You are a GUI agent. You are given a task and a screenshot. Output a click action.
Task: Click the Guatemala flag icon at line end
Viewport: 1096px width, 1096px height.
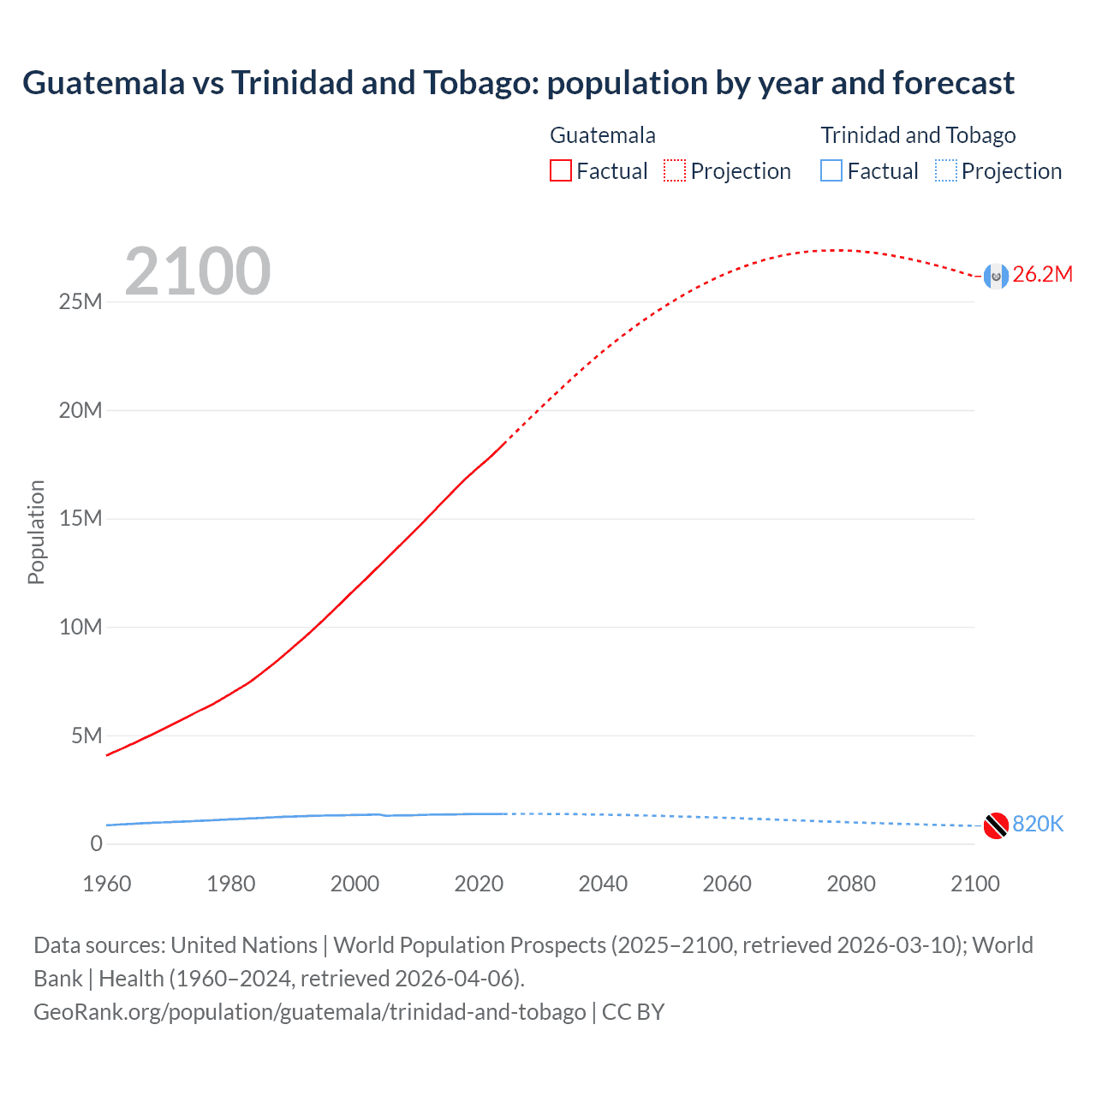click(x=995, y=276)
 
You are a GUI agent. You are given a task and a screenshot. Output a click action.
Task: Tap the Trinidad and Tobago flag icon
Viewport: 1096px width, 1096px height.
click(x=995, y=825)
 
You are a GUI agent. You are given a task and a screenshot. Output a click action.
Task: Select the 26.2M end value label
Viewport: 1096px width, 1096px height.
click(x=1042, y=275)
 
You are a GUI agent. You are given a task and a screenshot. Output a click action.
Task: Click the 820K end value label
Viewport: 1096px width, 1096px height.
click(x=1038, y=825)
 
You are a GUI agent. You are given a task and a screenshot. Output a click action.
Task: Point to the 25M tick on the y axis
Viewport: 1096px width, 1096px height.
click(x=80, y=302)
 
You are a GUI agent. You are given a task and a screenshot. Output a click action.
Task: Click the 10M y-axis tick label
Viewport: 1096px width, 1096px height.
click(x=80, y=628)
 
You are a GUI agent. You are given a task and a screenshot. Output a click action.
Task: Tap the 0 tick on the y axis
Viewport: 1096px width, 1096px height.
click(x=96, y=844)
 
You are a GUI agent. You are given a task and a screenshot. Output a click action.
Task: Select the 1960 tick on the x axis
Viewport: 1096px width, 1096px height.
click(x=107, y=885)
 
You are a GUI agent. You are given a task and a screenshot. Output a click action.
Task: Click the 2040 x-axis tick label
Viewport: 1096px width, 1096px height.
click(x=603, y=885)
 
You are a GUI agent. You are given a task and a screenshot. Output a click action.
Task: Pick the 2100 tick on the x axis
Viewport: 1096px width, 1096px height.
click(x=974, y=885)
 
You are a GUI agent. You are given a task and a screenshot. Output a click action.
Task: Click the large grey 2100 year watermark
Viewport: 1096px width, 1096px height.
click(x=198, y=272)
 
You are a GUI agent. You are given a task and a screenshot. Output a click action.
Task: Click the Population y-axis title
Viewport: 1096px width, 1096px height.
click(x=36, y=533)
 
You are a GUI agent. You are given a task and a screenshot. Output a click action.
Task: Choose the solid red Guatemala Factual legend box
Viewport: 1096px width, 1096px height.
click(x=560, y=171)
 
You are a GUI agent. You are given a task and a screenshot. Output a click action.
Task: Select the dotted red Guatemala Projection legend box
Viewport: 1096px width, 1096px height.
click(x=675, y=171)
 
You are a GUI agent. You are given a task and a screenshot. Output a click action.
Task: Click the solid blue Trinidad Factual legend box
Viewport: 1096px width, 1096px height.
click(x=831, y=171)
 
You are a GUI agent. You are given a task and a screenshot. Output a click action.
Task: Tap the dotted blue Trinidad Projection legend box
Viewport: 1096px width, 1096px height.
click(x=946, y=171)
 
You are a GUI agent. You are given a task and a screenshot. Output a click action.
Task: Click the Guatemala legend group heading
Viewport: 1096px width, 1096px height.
click(x=603, y=135)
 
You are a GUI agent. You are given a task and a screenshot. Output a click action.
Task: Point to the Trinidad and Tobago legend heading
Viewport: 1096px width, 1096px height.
click(x=918, y=135)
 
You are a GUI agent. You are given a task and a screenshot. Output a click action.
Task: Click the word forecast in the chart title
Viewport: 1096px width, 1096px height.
click(x=953, y=83)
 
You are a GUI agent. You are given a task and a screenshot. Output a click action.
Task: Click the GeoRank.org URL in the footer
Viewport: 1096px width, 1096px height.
click(x=310, y=1012)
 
